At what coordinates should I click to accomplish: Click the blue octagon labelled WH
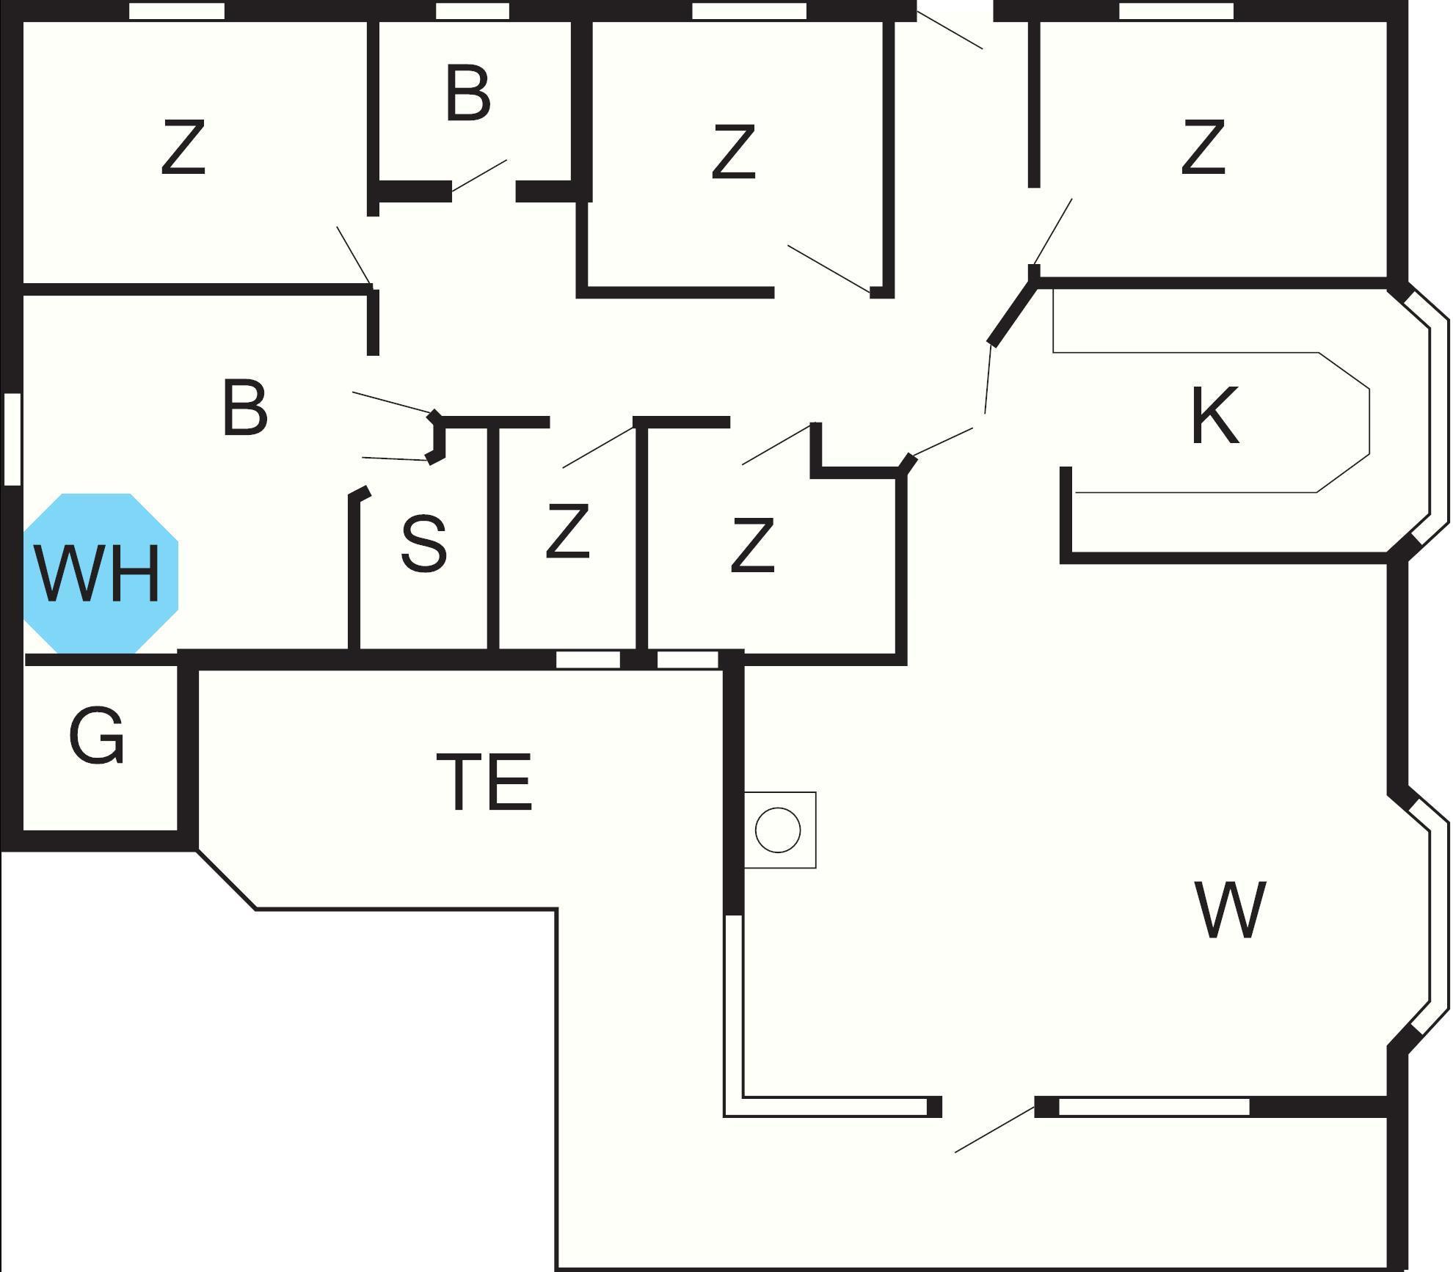point(101,573)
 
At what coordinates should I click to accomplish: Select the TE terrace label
point(484,782)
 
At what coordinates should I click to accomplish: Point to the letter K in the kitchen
point(1215,416)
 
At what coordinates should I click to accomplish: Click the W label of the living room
point(1231,910)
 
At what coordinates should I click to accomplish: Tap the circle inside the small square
point(778,830)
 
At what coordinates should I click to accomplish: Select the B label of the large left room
point(245,408)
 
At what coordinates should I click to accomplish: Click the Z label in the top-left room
point(183,148)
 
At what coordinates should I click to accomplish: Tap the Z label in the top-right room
point(1203,148)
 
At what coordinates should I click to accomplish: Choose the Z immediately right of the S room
point(568,531)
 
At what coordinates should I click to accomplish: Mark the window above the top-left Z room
point(177,11)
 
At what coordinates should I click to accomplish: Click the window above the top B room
point(473,11)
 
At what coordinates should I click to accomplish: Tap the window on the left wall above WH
point(12,439)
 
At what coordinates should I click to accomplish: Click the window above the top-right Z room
point(1176,11)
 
